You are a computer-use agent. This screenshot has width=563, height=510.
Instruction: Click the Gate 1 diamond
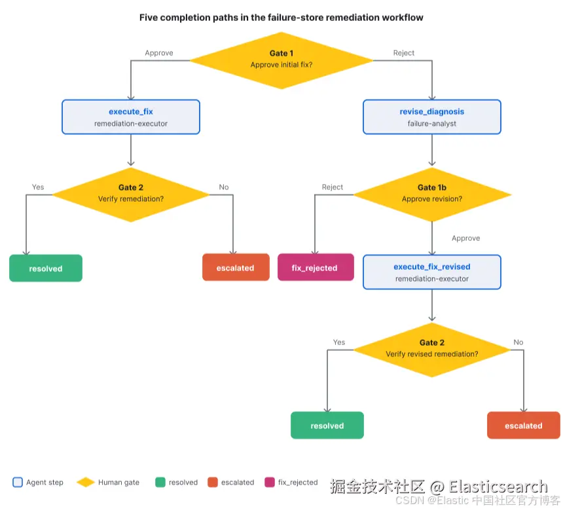coord(281,60)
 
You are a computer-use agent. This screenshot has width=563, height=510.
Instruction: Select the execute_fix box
coord(131,117)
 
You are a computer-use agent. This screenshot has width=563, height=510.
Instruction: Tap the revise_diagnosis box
coord(432,117)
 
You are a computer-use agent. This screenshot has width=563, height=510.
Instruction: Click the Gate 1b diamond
coord(432,194)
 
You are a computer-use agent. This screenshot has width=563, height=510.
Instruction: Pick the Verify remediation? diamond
coord(131,194)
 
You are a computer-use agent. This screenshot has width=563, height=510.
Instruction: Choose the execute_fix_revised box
coord(432,272)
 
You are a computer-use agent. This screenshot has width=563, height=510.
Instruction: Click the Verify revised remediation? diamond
coord(432,350)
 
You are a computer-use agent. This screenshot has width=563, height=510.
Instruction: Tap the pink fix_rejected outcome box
coord(316,267)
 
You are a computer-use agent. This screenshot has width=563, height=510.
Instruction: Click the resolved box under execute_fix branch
coord(46,268)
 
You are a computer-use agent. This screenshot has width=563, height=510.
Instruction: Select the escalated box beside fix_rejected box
coord(236,267)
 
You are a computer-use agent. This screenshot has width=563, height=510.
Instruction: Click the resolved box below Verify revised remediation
coord(327,426)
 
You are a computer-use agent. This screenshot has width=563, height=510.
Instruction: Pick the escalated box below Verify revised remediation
coord(524,426)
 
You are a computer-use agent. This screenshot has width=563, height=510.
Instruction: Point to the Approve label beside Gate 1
coord(159,53)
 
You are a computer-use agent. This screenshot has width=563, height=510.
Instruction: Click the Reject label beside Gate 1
coord(403,53)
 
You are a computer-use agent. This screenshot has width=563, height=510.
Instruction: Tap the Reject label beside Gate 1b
coord(333,187)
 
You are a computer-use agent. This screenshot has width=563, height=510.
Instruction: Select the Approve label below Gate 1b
coord(465,238)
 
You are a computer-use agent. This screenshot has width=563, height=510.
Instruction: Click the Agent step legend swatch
coord(18,482)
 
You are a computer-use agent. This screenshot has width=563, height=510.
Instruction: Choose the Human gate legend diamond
coord(86,482)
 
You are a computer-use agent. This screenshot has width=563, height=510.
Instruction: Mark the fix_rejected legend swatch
coord(270,482)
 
